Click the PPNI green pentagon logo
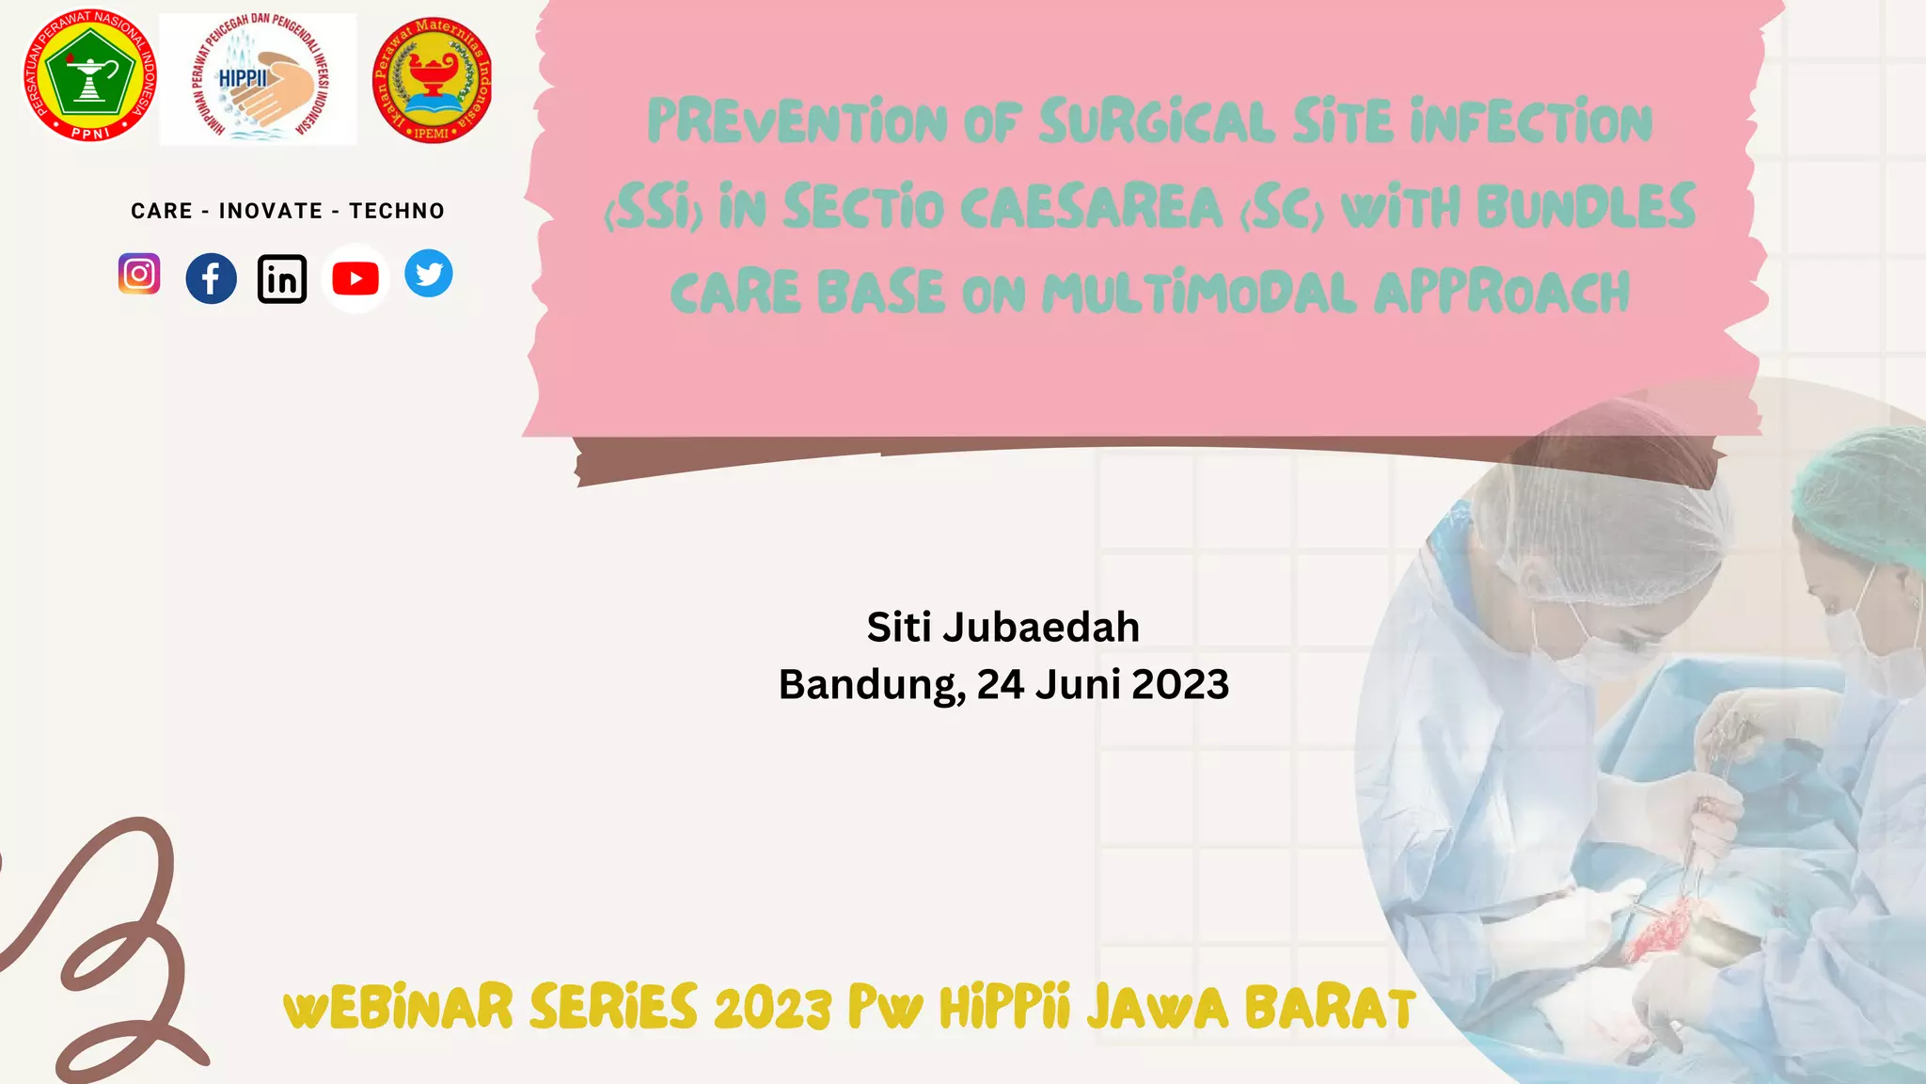[89, 77]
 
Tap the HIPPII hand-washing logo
[259, 79]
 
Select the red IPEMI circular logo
[432, 80]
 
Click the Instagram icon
[139, 274]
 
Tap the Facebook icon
[211, 279]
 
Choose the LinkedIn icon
[282, 279]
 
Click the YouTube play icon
[355, 279]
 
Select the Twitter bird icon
[429, 274]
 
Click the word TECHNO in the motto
[397, 211]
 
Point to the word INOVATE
[271, 211]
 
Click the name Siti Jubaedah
[1002, 628]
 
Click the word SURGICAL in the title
[1157, 123]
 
